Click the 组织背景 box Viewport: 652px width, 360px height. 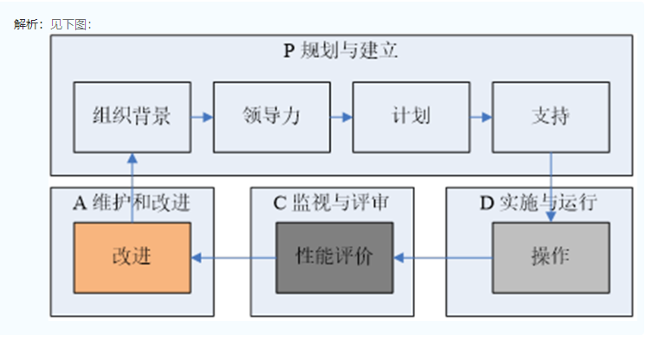[x=132, y=117]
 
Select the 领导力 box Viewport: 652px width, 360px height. [x=271, y=117]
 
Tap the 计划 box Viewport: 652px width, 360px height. [x=410, y=117]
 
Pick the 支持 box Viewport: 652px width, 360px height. [x=550, y=117]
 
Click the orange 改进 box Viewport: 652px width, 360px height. [x=132, y=257]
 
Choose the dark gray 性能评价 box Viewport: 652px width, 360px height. [x=333, y=257]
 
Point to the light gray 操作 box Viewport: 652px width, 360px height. [x=550, y=257]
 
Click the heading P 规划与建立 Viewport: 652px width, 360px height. [x=340, y=50]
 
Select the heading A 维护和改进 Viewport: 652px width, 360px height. [x=132, y=203]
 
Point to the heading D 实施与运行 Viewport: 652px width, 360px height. [x=538, y=203]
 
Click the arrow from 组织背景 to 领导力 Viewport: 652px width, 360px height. [x=202, y=117]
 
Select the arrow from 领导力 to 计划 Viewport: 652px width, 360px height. [x=341, y=117]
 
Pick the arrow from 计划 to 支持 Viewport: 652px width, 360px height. [x=481, y=117]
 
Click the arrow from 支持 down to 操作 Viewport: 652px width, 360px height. [x=551, y=186]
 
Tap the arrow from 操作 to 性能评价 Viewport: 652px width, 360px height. [x=442, y=257]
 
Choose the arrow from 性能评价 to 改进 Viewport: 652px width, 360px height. [x=233, y=257]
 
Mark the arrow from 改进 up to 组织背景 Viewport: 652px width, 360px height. [x=132, y=186]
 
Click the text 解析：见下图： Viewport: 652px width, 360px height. [x=53, y=23]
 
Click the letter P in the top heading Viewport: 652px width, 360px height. [x=289, y=50]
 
